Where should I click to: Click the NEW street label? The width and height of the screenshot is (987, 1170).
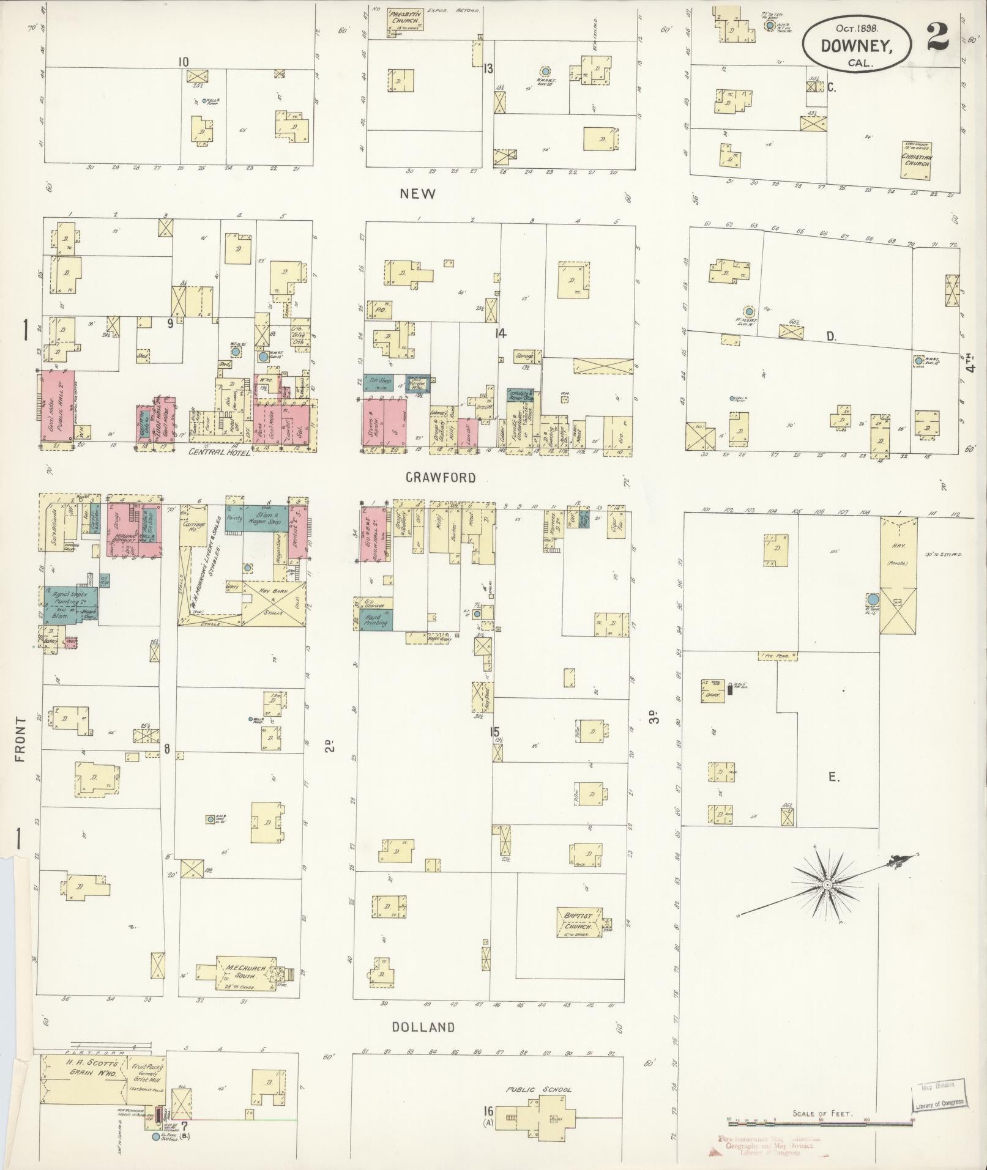coord(418,194)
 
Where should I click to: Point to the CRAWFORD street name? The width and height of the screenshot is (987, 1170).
coord(441,478)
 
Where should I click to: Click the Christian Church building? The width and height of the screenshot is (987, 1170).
coord(916,160)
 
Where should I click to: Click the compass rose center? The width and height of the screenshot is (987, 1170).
coord(827,884)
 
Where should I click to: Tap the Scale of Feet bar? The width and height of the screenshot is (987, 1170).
coord(820,1121)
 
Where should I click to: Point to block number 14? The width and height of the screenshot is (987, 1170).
coord(502,334)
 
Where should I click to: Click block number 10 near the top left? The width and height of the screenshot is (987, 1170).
coord(182,62)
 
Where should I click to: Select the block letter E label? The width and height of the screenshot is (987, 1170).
coord(833,777)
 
